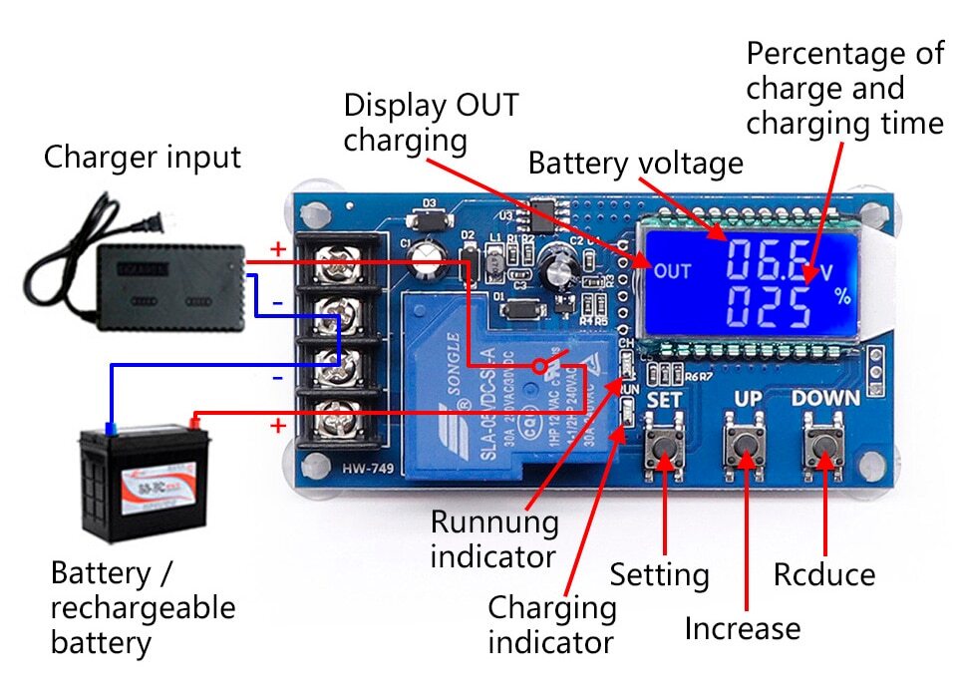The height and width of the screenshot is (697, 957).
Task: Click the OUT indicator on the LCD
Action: (672, 270)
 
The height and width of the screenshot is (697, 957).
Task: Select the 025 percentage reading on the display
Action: (768, 306)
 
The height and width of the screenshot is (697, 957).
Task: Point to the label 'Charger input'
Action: (142, 158)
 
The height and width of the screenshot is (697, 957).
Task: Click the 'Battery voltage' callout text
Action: (635, 163)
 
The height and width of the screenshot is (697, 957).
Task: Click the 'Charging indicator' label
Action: (551, 623)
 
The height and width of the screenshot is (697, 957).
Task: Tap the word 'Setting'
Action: (660, 575)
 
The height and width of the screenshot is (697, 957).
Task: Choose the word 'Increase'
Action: (742, 629)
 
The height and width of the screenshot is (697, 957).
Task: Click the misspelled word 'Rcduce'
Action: (824, 575)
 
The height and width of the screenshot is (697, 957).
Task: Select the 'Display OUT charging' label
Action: (431, 122)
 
